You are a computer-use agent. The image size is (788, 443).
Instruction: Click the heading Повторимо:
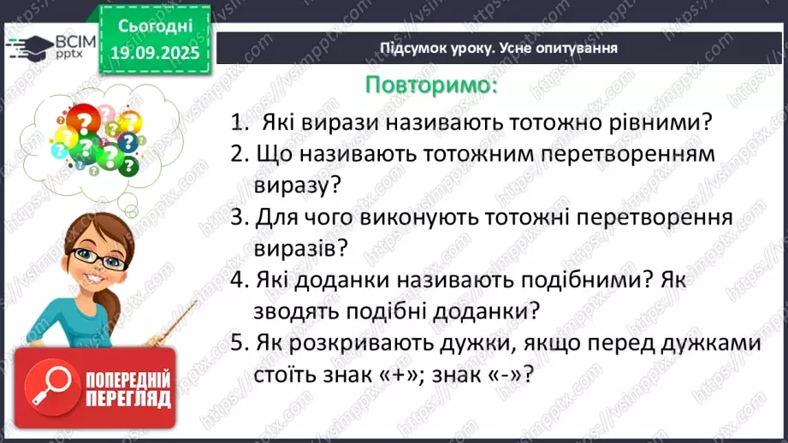tap(430, 86)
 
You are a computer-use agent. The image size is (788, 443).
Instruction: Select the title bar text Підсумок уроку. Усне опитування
tap(499, 48)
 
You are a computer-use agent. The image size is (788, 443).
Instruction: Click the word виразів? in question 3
tap(299, 249)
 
